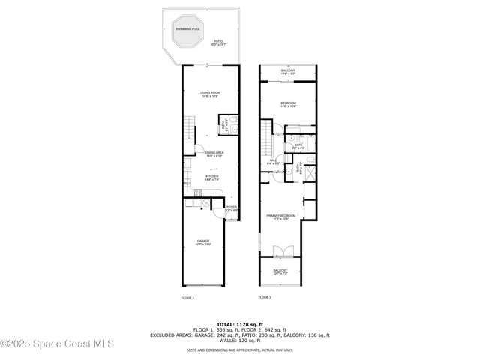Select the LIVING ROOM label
point(210,94)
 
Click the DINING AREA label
point(215,154)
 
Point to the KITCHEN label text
point(212,178)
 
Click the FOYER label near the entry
point(232,208)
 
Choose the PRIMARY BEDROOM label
point(281,217)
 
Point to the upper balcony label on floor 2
point(289,73)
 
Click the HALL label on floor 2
point(274,161)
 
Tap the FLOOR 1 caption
point(187,298)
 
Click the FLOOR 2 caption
point(265,298)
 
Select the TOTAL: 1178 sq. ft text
point(239,323)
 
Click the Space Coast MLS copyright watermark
point(57,344)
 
